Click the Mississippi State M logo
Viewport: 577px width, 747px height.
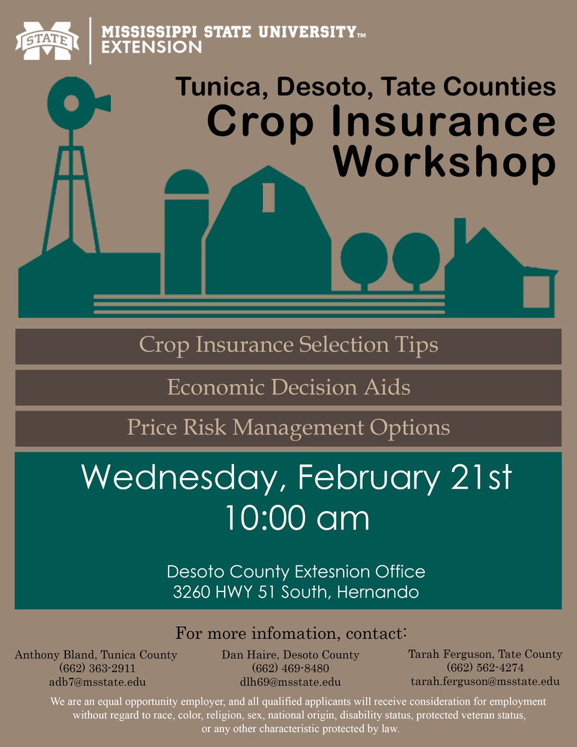[x=47, y=41]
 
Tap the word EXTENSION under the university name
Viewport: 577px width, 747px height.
[x=151, y=47]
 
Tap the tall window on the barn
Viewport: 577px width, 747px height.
[x=269, y=197]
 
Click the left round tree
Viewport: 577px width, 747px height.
[x=364, y=256]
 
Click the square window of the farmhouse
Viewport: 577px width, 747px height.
[x=536, y=291]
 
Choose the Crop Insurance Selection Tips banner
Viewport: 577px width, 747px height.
[x=288, y=345]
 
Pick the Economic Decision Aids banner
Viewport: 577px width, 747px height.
[x=288, y=387]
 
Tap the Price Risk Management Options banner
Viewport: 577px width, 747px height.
[x=288, y=428]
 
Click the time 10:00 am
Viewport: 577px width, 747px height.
[x=297, y=518]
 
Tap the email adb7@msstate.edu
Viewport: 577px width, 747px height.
[x=96, y=682]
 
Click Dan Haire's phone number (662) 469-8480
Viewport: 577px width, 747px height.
[x=290, y=669]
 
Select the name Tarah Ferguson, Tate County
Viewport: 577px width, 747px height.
[x=485, y=654]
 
